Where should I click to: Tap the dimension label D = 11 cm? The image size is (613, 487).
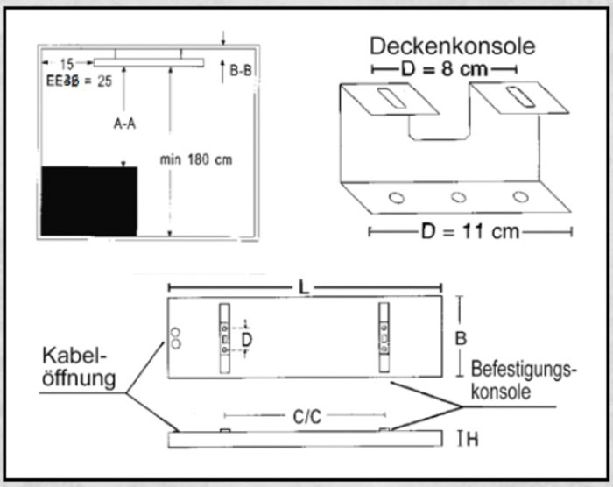[470, 231]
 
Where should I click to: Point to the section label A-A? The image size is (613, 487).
[124, 124]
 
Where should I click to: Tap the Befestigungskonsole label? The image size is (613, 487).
[524, 381]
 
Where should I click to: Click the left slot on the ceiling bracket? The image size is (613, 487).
[391, 98]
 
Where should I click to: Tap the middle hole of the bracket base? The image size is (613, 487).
[458, 196]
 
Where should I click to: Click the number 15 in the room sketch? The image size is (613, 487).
[67, 63]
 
